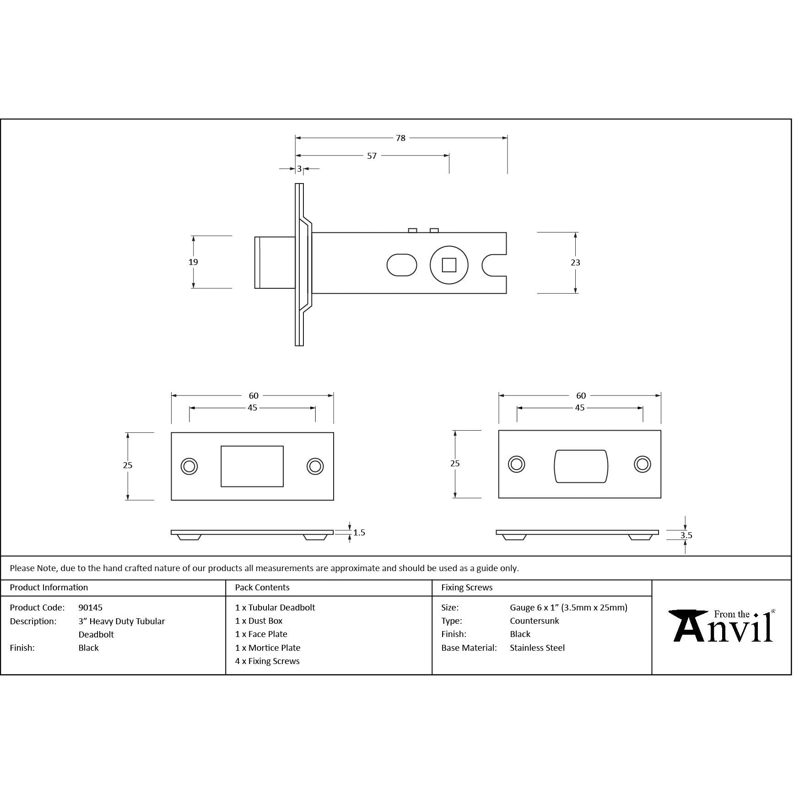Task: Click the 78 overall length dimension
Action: click(x=400, y=138)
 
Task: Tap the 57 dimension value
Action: click(x=372, y=156)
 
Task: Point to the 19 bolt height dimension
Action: click(x=193, y=262)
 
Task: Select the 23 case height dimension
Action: click(x=575, y=263)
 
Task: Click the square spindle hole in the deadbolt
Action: click(x=449, y=265)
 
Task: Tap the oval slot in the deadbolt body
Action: click(x=402, y=265)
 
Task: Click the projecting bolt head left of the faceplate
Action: click(x=275, y=263)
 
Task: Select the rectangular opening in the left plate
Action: click(x=252, y=466)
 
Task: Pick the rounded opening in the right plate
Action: click(x=581, y=466)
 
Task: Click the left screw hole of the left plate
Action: click(x=189, y=466)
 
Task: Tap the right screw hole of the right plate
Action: click(x=643, y=464)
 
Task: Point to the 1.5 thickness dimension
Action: click(x=359, y=533)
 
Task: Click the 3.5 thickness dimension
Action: click(x=686, y=535)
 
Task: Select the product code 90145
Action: click(x=91, y=608)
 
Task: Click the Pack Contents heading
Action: click(x=262, y=588)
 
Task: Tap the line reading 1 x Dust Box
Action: click(x=259, y=621)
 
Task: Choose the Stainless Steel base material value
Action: click(x=537, y=648)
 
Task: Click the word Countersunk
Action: click(x=535, y=621)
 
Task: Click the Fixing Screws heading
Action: click(x=467, y=588)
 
